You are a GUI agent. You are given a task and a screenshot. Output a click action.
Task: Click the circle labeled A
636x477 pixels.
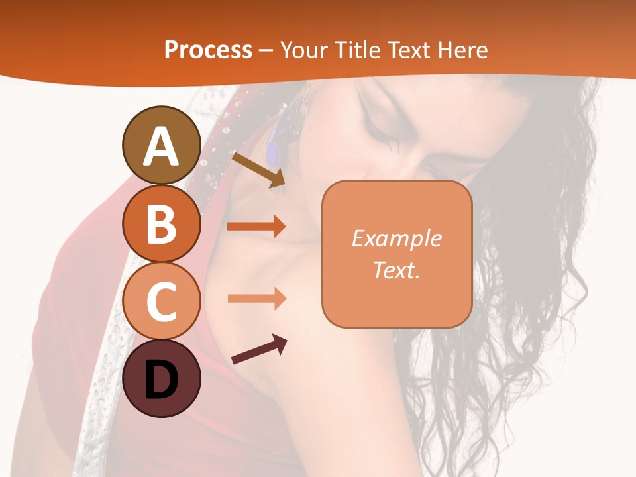pyautogui.click(x=161, y=145)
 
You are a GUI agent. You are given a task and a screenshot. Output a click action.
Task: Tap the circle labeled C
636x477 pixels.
pyautogui.click(x=161, y=301)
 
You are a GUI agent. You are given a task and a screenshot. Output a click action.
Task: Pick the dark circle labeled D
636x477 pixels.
pyautogui.click(x=161, y=378)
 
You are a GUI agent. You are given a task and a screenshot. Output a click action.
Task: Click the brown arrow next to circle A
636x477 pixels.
pyautogui.click(x=258, y=170)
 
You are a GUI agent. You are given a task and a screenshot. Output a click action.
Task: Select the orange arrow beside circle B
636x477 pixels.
pyautogui.click(x=256, y=226)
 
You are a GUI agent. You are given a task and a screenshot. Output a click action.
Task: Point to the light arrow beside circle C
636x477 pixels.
pyautogui.click(x=256, y=298)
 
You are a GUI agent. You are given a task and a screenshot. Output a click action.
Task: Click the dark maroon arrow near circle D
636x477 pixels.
pyautogui.click(x=259, y=349)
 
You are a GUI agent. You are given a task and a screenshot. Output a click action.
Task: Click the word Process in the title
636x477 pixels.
pyautogui.click(x=208, y=50)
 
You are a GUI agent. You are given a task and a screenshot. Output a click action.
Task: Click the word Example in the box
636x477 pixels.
pyautogui.click(x=396, y=238)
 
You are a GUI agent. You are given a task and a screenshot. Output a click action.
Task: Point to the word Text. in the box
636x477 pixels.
pyautogui.click(x=396, y=270)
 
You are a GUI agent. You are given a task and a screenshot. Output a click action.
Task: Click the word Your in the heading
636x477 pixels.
pyautogui.click(x=302, y=50)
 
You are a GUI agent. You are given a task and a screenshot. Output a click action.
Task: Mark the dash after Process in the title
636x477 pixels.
pyautogui.click(x=266, y=51)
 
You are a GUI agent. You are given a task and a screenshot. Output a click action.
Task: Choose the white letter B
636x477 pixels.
pyautogui.click(x=161, y=224)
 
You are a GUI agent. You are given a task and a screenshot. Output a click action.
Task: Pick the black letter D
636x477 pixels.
pyautogui.click(x=161, y=380)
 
